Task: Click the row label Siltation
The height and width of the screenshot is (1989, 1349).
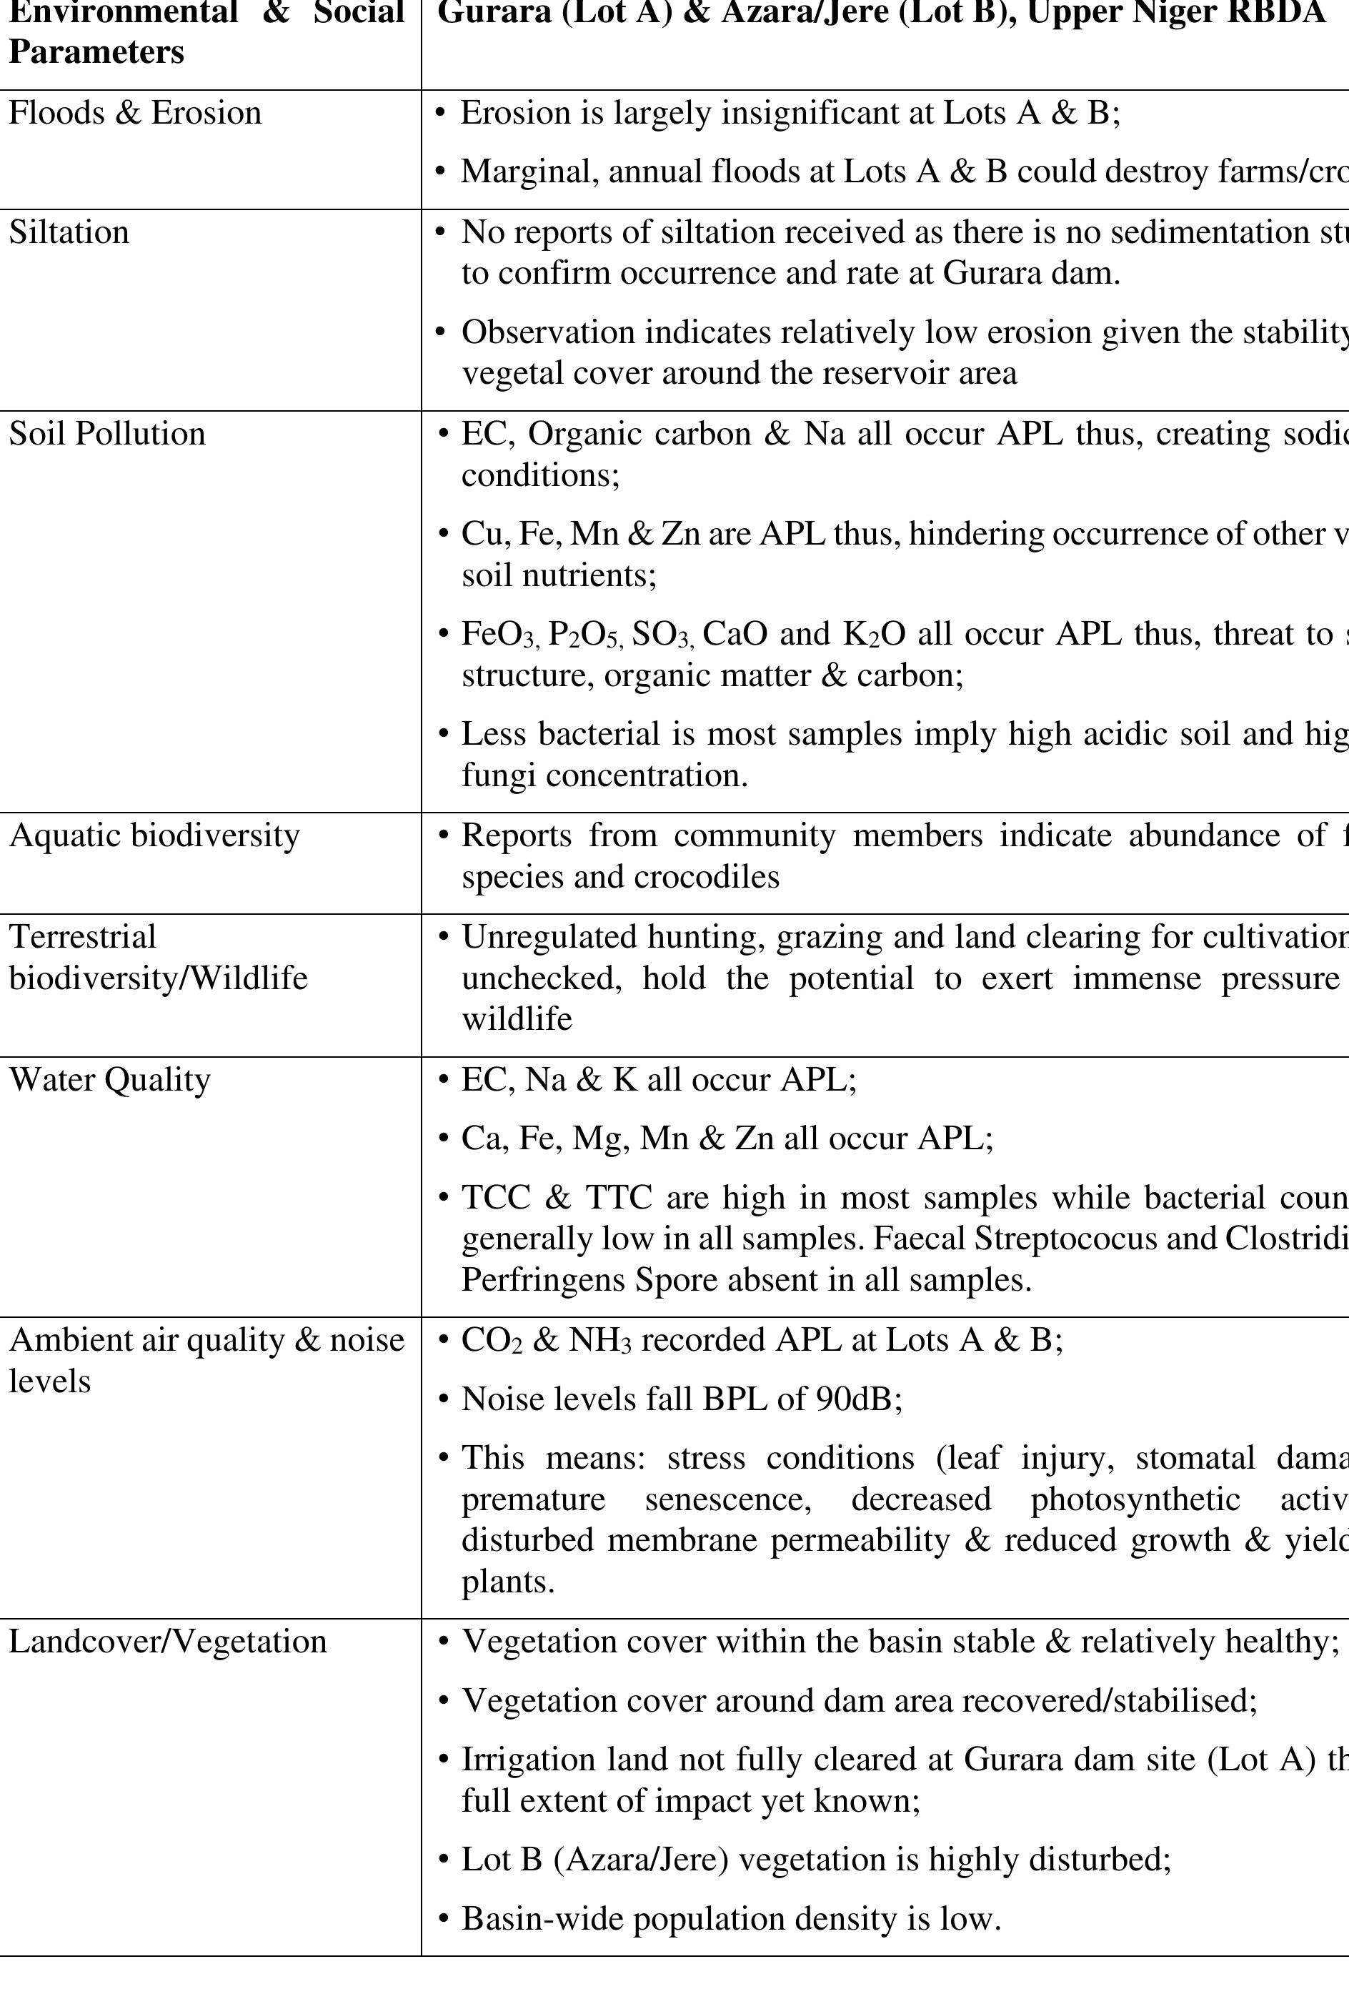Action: pyautogui.click(x=69, y=233)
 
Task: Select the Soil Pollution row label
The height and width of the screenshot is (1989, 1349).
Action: pyautogui.click(x=107, y=434)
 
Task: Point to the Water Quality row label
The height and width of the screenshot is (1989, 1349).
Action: pyautogui.click(x=109, y=1080)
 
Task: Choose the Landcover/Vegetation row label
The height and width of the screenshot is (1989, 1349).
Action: pyautogui.click(x=168, y=1642)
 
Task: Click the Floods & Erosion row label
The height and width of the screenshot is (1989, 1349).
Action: pyautogui.click(x=135, y=114)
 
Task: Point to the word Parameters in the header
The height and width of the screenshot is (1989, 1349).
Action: pyautogui.click(x=96, y=52)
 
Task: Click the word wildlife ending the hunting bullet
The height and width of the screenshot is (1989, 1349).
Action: pyautogui.click(x=517, y=1019)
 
